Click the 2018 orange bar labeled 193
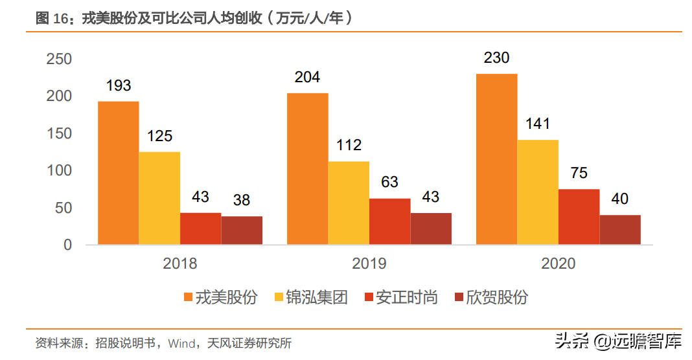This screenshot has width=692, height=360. click(118, 173)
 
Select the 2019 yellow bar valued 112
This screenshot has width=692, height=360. click(349, 203)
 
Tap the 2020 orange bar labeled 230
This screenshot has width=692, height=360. click(496, 159)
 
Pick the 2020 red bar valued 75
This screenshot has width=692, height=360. click(579, 217)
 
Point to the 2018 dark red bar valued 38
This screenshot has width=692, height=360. click(242, 231)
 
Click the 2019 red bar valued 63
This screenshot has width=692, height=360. click(389, 221)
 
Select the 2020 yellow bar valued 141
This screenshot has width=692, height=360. click(538, 192)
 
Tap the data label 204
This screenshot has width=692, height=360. click(307, 77)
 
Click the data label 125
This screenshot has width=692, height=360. click(159, 136)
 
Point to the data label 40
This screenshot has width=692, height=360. click(620, 199)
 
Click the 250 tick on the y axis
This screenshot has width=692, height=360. click(59, 59)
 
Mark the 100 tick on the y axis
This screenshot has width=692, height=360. click(59, 171)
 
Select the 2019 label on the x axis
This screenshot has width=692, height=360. click(369, 264)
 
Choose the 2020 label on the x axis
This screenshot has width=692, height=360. click(558, 264)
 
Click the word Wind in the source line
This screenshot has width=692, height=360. click(181, 343)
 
